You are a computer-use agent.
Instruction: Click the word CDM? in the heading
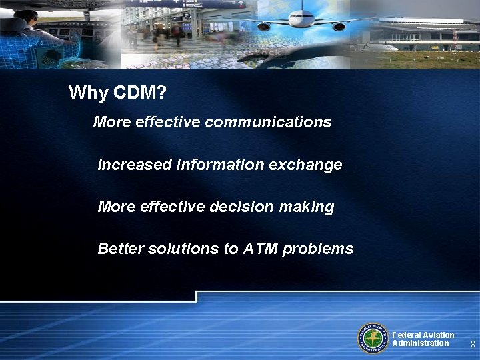click(140, 93)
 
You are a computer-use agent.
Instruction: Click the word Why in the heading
click(89, 93)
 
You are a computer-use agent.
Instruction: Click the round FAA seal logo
click(373, 338)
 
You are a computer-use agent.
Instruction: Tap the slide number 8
click(473, 345)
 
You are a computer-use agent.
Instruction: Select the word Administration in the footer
click(421, 343)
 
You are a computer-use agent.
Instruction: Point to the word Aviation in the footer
click(439, 335)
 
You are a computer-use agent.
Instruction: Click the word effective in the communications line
click(169, 123)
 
